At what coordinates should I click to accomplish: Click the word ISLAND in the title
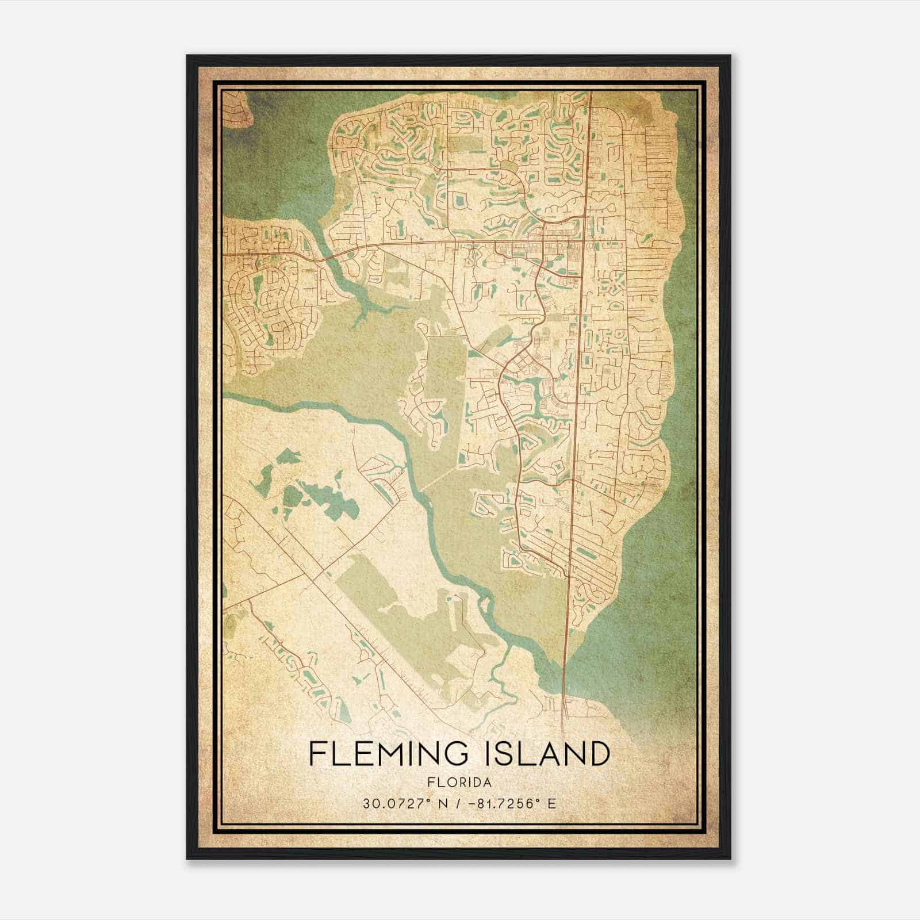coord(551,753)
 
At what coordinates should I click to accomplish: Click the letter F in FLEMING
coord(317,753)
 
